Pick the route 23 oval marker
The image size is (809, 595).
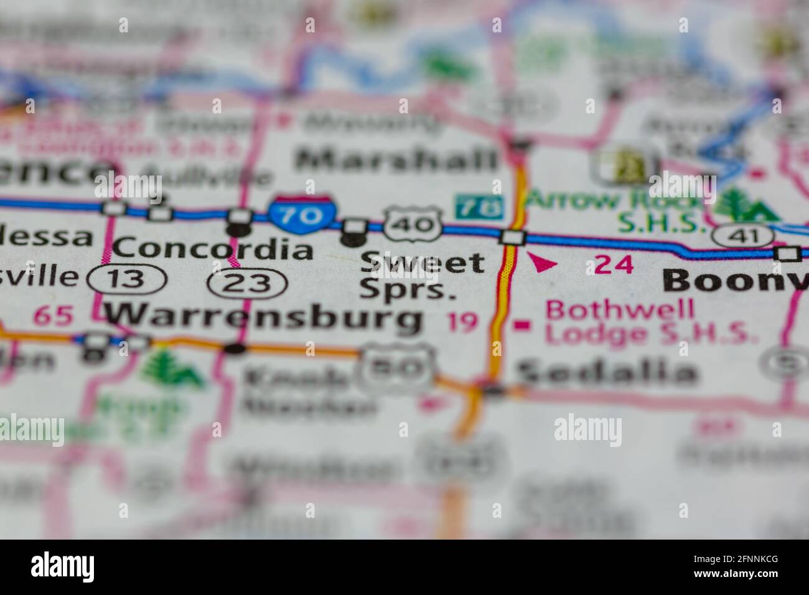248,284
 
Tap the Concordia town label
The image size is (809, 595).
213,250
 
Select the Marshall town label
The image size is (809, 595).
397,160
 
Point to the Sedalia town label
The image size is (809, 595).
607,373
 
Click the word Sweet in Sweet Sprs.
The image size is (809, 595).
423,263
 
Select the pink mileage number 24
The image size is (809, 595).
614,265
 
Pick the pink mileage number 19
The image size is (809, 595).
463,322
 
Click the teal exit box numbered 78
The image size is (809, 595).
479,207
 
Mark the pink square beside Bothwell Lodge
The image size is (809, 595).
522,324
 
